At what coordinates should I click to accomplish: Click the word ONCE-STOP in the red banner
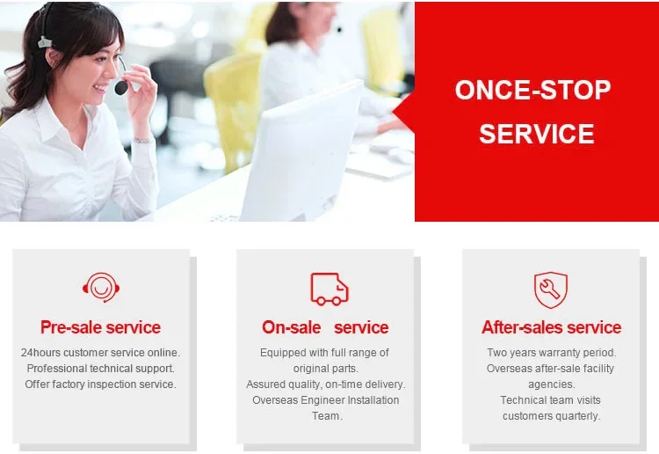click(532, 90)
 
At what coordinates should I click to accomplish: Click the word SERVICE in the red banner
click(536, 134)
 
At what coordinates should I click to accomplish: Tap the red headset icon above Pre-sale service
click(101, 288)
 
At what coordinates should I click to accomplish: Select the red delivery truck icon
click(329, 289)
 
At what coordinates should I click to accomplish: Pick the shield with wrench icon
click(551, 289)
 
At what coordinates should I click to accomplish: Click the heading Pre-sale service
click(100, 327)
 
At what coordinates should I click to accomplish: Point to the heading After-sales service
click(551, 327)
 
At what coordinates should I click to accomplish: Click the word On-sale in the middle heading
click(291, 327)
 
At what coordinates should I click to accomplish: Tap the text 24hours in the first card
click(40, 353)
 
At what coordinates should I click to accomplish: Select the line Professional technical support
click(100, 369)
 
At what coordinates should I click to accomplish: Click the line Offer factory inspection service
click(100, 384)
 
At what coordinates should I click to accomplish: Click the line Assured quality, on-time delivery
click(326, 384)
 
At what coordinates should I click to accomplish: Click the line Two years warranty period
click(552, 353)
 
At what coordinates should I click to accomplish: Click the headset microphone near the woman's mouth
click(121, 87)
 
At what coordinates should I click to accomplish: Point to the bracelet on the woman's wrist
click(142, 140)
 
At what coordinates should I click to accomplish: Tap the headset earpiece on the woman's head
click(45, 42)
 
